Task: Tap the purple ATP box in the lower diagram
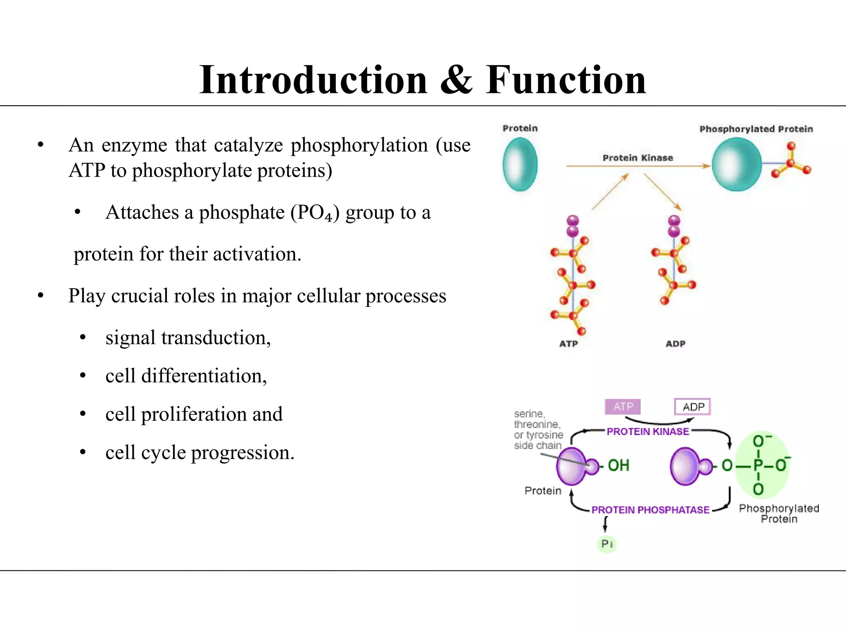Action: click(x=623, y=407)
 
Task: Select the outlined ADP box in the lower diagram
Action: click(x=693, y=407)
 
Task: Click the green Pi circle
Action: click(x=607, y=544)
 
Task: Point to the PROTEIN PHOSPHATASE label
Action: click(x=650, y=510)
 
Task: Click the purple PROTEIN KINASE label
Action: click(x=648, y=431)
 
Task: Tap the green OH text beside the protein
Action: click(x=618, y=466)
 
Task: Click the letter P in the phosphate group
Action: click(x=758, y=466)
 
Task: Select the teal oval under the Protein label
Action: click(x=520, y=164)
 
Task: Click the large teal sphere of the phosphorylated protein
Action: click(x=737, y=164)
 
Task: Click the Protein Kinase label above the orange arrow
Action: click(x=637, y=158)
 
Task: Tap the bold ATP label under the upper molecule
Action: click(x=568, y=344)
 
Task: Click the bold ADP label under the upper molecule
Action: click(x=675, y=344)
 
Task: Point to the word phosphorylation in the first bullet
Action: click(x=359, y=146)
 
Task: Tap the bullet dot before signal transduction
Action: click(x=83, y=338)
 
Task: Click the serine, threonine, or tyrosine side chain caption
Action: click(x=538, y=430)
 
